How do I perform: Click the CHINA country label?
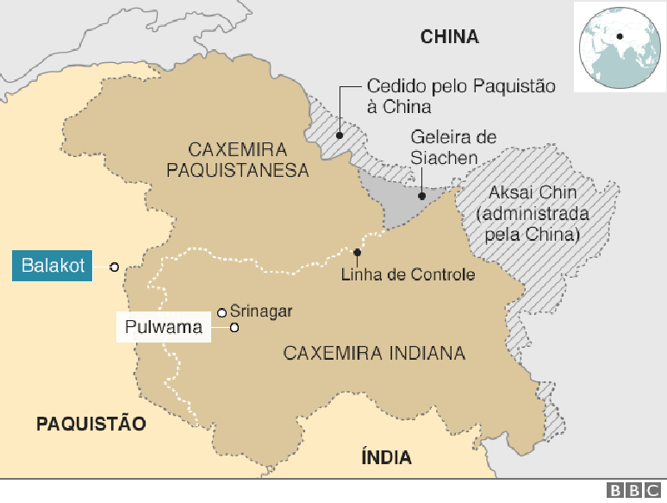449,36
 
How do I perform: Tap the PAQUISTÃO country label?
90,423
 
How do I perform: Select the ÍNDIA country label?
385,458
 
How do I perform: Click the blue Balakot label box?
54,266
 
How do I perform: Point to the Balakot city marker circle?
114,267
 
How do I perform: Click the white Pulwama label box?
164,328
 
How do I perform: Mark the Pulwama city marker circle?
234,328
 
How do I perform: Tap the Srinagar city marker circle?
221,312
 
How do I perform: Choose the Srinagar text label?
261,311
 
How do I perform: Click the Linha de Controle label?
408,275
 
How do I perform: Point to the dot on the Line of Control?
357,252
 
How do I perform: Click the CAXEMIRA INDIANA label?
374,353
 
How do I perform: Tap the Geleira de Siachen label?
453,148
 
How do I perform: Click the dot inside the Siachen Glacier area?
422,195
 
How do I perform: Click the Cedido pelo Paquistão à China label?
460,96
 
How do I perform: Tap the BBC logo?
636,490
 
